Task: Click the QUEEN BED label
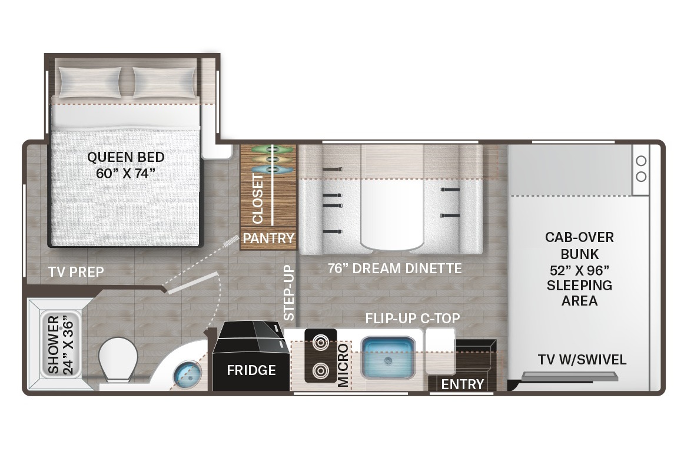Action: (126, 157)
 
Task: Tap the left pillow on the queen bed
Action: (90, 82)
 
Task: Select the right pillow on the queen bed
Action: (164, 82)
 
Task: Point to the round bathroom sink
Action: (187, 376)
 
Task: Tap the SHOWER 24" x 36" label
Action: (60, 345)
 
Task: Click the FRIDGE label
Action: (251, 370)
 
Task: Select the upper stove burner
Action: (320, 342)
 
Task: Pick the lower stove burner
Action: (320, 370)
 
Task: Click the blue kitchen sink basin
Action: (388, 358)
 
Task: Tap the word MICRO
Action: (343, 366)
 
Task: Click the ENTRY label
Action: (463, 384)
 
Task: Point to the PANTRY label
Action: (268, 238)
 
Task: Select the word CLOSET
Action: (258, 198)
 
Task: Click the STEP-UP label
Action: (288, 293)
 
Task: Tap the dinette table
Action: (391, 214)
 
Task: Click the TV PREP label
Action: (76, 271)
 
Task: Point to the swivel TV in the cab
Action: (570, 377)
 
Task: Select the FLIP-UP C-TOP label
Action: (413, 318)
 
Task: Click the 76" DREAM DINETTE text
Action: (395, 268)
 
